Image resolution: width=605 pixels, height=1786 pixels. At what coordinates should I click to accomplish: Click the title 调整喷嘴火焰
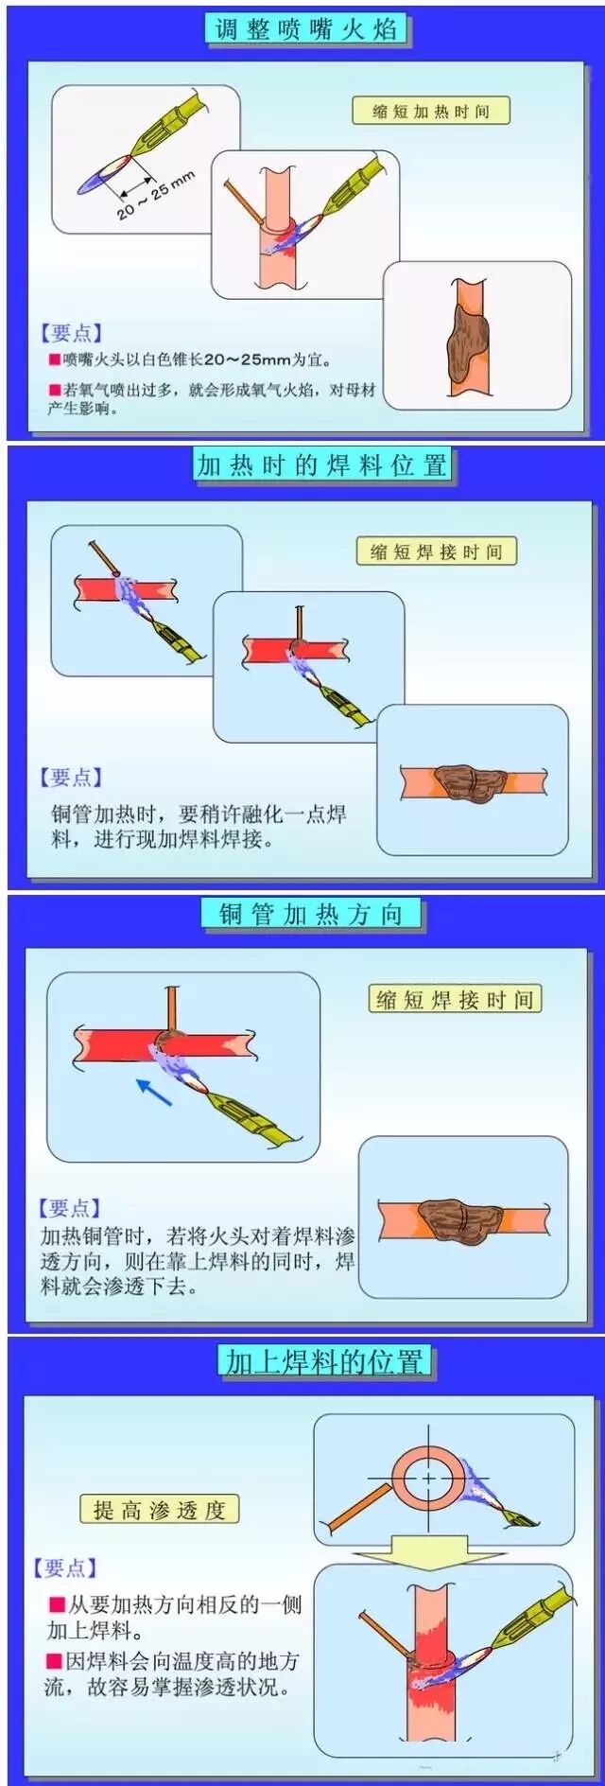(304, 27)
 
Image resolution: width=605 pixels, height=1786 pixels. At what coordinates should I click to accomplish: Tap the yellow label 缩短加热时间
(430, 111)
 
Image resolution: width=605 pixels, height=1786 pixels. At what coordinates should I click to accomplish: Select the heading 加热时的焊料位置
(321, 465)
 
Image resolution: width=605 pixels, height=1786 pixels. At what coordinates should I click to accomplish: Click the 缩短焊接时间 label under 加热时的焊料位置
(436, 552)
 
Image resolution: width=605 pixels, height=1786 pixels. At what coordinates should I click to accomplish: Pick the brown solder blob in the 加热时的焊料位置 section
(470, 780)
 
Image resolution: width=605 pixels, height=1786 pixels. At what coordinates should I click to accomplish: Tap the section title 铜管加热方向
(311, 914)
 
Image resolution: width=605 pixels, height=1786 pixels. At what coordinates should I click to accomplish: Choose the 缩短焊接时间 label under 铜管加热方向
(454, 999)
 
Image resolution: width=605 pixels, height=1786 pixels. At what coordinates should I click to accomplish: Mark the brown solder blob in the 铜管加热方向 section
(464, 1219)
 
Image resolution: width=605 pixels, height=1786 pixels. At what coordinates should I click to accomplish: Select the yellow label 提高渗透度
(159, 1509)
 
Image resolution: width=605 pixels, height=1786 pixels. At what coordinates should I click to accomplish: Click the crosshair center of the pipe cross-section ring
(428, 1478)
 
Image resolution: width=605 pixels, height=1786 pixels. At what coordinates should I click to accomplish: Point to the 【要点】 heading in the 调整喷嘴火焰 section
(71, 333)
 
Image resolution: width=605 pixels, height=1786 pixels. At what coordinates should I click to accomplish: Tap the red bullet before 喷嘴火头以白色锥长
(54, 359)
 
